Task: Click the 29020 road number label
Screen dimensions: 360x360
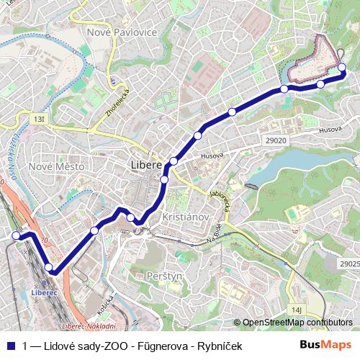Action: (275, 140)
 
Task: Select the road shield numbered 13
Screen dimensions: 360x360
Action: (37, 117)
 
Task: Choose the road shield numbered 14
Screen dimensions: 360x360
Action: (297, 309)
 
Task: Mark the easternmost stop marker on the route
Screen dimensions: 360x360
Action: (342, 68)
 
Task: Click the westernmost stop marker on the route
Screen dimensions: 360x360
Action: (16, 235)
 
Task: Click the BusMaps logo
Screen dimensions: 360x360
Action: (325, 345)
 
